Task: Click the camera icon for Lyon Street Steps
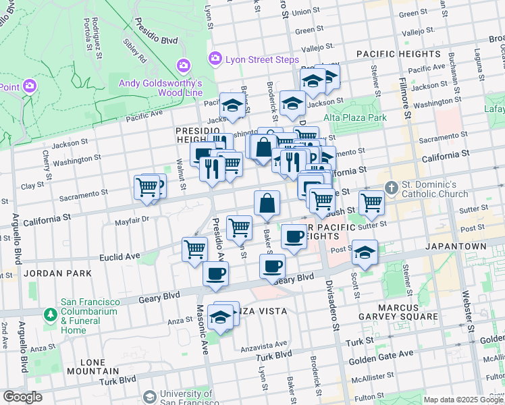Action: pos(215,59)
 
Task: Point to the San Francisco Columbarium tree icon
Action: pos(50,315)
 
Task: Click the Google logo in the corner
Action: pos(22,397)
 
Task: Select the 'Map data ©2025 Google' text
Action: pos(463,400)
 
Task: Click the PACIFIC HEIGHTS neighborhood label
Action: pos(398,53)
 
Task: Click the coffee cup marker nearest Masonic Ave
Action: pos(215,274)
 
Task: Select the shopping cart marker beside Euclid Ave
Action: pos(194,248)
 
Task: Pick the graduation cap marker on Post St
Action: pos(365,253)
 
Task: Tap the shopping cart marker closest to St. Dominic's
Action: pos(371,201)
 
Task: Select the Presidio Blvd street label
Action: pos(155,30)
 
